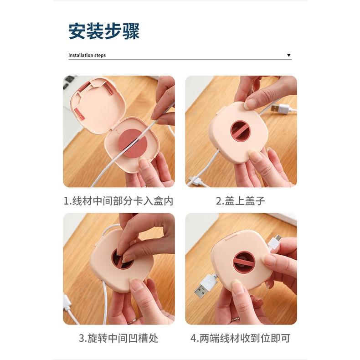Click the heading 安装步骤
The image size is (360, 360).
104,31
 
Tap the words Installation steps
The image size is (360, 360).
87,55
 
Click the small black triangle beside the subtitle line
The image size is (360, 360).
288,55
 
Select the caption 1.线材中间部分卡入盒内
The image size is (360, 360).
118,201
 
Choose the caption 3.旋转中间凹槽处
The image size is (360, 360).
118,338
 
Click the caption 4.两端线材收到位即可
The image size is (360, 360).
240,338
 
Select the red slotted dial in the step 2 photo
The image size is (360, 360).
241,131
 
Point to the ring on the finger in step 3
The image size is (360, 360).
132,320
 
